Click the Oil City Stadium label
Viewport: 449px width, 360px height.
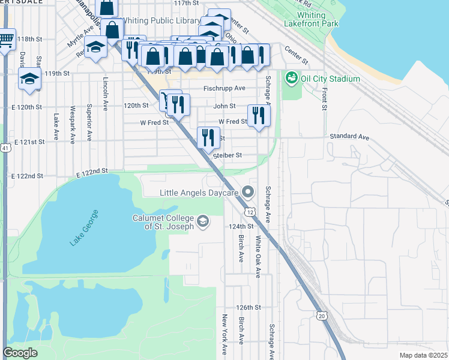(x=330, y=79)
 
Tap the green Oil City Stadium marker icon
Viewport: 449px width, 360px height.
(x=292, y=77)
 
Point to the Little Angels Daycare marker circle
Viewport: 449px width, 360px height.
(x=250, y=193)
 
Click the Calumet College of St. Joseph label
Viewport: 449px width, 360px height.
(x=163, y=222)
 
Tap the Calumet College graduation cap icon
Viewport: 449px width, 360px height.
(x=203, y=222)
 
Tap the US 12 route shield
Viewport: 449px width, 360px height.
(x=249, y=212)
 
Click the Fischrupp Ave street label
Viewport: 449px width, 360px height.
(x=224, y=88)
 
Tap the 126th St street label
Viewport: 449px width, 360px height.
(x=249, y=307)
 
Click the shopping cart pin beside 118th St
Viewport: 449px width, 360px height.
(x=5, y=41)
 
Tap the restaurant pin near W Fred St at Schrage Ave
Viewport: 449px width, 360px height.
(x=259, y=115)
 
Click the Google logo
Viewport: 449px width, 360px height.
(x=20, y=352)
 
